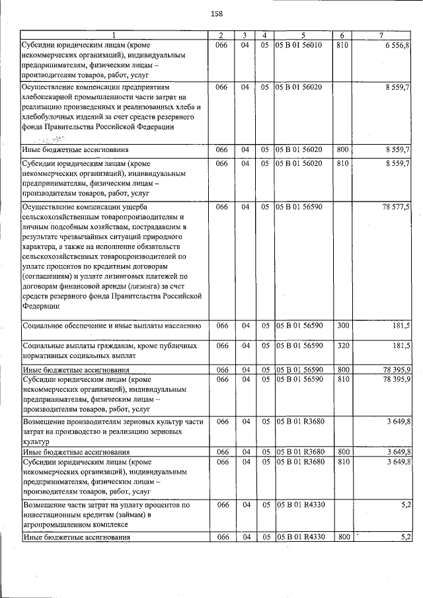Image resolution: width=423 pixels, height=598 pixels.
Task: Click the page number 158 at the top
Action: click(x=216, y=14)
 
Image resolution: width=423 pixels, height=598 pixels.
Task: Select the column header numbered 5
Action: click(x=303, y=35)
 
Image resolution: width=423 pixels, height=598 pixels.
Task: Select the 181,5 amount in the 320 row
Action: click(x=401, y=346)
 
